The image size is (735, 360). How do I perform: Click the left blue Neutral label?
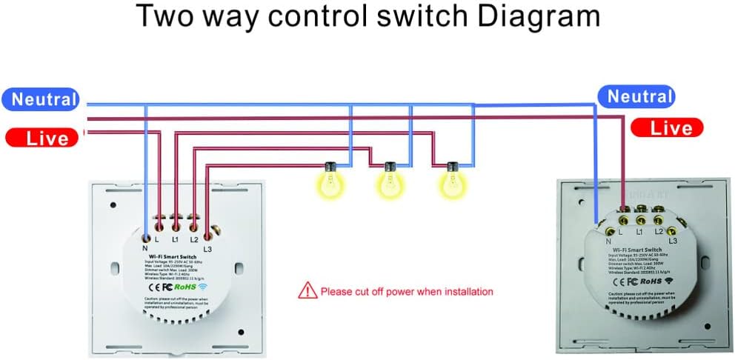44,99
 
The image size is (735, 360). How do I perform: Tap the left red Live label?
42,138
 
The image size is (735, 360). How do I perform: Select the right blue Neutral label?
639,96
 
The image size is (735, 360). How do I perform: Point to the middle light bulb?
388,181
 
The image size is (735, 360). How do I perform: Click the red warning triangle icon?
306,290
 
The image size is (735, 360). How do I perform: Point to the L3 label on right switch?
673,241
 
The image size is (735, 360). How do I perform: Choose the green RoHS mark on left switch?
184,285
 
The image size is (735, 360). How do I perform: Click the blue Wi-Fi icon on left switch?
203,285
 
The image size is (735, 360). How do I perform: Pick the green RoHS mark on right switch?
651,281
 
